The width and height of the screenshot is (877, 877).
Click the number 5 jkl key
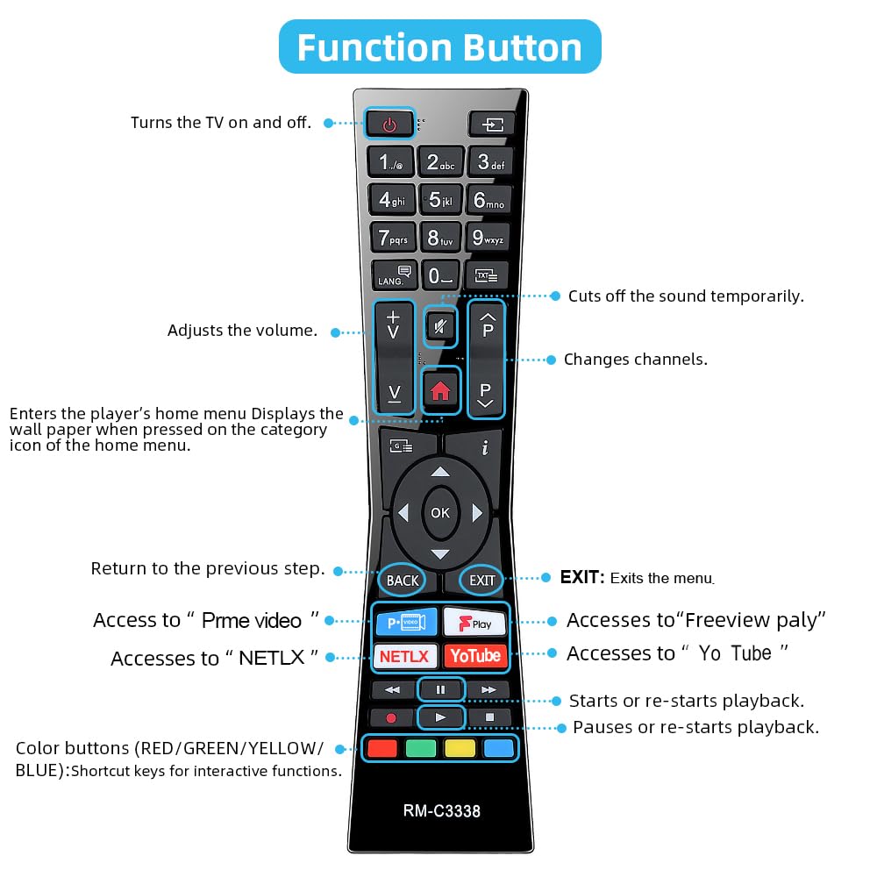point(441,200)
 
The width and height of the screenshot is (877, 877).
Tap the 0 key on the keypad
point(440,275)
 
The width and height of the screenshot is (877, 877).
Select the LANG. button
point(394,275)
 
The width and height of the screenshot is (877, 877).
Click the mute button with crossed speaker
point(440,326)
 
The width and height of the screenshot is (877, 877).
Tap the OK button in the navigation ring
point(440,512)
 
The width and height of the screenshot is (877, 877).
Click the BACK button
point(403,581)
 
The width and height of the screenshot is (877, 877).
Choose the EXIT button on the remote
point(481,581)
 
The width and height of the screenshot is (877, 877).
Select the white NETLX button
point(404,656)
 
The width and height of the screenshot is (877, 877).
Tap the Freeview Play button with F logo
point(474,622)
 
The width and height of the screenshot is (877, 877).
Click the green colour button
point(421,748)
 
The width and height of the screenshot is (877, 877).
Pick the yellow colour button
point(460,748)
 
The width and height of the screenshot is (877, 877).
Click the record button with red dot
point(391,717)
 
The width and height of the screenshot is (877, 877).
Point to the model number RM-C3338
point(441,810)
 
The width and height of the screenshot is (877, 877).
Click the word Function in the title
point(375,47)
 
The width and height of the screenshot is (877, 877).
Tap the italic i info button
point(484,447)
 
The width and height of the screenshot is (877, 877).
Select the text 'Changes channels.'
point(635,359)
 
